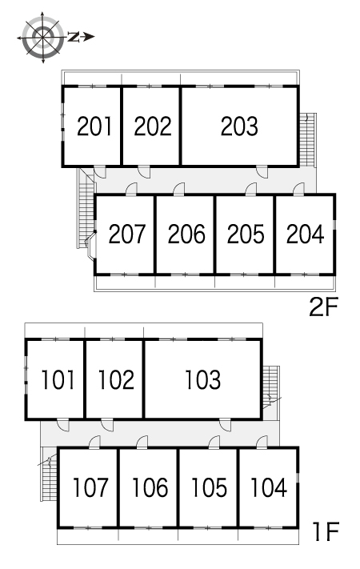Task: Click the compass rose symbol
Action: [43, 37]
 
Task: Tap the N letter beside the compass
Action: [74, 37]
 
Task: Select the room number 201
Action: [94, 126]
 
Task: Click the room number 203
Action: [239, 126]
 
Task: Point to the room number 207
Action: [126, 234]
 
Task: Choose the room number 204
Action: [306, 234]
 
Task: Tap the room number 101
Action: [58, 380]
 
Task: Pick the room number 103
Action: [203, 380]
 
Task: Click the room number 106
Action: [150, 487]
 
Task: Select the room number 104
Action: [269, 487]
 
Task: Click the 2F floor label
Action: [323, 307]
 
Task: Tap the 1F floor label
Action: [326, 531]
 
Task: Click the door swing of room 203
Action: [262, 172]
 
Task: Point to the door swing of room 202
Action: [144, 172]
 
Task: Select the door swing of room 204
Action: [298, 189]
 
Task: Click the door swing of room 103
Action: [226, 425]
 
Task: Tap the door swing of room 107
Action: [94, 442]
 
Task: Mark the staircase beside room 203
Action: [308, 140]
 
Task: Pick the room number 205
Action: [246, 234]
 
